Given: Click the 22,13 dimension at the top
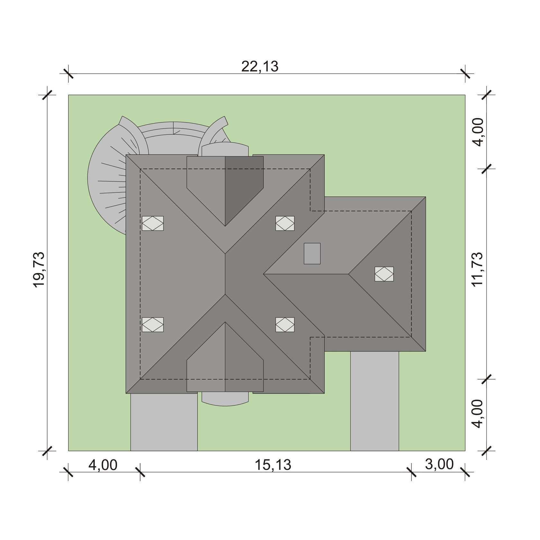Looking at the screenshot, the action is [x=260, y=67].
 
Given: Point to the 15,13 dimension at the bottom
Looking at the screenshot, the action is [x=273, y=465].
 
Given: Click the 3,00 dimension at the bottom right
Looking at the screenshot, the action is [x=439, y=464].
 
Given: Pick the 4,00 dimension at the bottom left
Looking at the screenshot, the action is [x=103, y=465].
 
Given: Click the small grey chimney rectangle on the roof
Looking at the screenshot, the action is [x=312, y=253].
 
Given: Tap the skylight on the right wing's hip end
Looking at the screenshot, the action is [x=384, y=274].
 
